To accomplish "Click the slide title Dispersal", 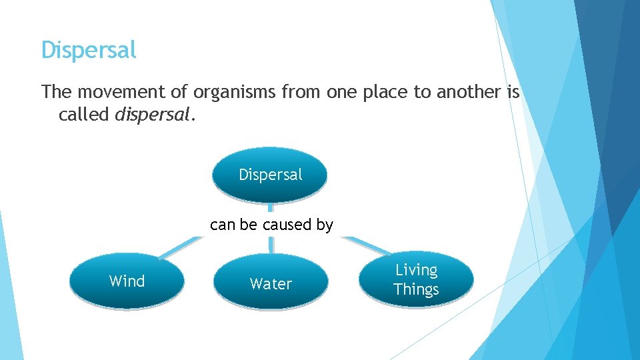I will (x=89, y=50).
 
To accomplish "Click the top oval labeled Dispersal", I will (x=270, y=175).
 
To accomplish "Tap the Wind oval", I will (x=127, y=281).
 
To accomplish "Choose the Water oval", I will (x=271, y=284).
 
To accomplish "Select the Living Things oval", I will (x=416, y=279).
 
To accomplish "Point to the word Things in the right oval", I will (x=416, y=289).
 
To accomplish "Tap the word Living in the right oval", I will (x=416, y=270).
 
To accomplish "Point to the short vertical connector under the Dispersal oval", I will (x=270, y=209).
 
